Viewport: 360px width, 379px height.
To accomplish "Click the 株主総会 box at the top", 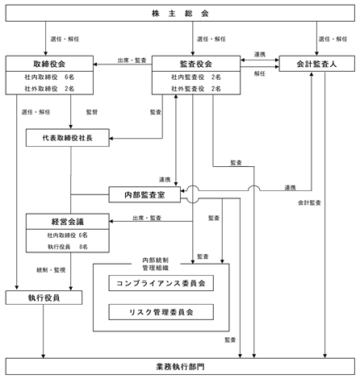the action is coord(180,13).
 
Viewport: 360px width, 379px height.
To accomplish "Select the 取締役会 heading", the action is coord(49,64).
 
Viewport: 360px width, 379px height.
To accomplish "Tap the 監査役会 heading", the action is coord(196,64).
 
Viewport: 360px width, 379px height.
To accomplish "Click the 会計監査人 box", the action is coord(316,64).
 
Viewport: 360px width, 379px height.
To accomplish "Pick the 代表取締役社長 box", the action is coord(68,138).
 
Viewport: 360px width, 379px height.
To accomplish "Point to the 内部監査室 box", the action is coord(144,194).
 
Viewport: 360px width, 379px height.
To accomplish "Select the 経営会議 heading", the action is coord(68,222).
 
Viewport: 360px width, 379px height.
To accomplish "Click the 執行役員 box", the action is coord(44,298).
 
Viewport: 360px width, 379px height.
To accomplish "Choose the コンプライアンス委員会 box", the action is coord(161,283).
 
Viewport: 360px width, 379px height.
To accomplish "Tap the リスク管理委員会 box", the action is coord(161,312).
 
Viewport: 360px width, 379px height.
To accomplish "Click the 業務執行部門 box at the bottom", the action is coord(180,367).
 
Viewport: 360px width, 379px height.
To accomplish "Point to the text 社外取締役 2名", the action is coord(49,89).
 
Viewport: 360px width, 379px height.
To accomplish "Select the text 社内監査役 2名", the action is coord(196,77).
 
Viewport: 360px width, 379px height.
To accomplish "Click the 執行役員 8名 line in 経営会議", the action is coord(68,247).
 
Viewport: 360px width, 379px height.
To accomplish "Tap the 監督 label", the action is coord(92,112).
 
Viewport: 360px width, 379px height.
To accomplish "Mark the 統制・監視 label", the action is coord(51,270).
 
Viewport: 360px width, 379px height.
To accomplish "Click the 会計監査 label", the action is coord(309,202).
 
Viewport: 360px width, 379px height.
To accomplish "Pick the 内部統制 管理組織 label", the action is coord(156,264).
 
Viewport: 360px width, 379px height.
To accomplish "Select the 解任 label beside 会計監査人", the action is coord(260,73).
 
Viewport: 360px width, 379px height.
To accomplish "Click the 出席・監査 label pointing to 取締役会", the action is coord(132,60).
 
